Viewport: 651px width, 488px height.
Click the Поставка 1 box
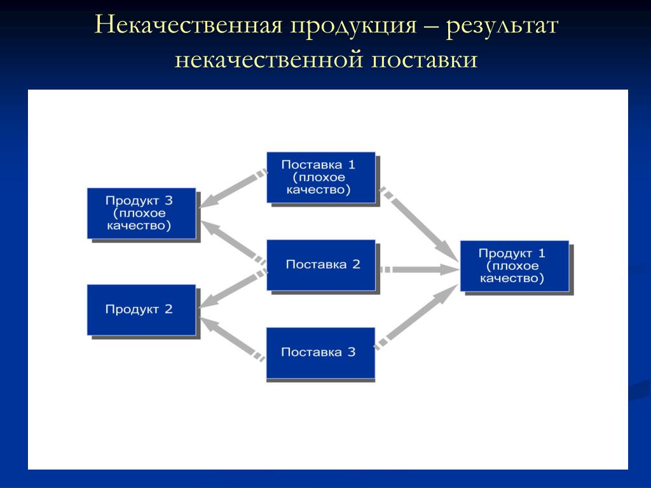[321, 178]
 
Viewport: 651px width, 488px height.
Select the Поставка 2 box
[321, 265]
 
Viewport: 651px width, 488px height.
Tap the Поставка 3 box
[320, 353]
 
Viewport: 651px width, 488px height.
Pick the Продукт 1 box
[514, 266]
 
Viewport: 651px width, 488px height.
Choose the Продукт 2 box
[141, 310]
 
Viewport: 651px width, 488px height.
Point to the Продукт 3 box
[141, 213]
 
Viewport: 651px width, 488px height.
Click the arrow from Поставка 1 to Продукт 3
[233, 189]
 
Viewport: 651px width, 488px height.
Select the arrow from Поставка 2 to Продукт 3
[234, 243]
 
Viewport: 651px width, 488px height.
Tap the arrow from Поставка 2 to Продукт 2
[233, 289]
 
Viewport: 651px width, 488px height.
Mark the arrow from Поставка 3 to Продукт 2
[232, 339]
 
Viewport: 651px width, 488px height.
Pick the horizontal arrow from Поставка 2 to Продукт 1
[420, 269]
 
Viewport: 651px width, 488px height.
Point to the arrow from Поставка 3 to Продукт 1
[416, 316]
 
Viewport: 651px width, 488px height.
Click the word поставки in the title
[424, 59]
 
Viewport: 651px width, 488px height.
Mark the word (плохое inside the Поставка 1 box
[319, 178]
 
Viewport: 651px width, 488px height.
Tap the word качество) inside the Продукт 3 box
[139, 226]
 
